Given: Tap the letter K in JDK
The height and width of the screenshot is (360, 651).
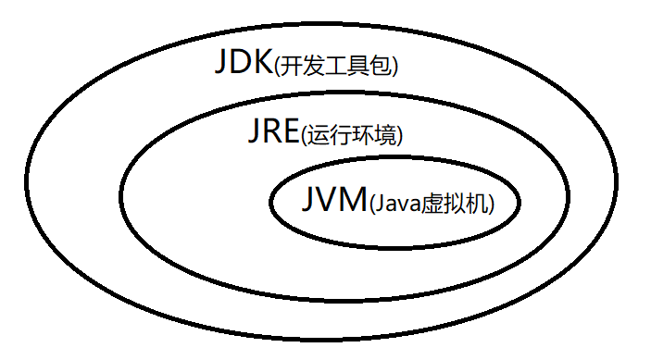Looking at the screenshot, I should (x=261, y=63).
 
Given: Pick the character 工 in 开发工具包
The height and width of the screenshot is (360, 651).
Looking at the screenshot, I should (x=339, y=68).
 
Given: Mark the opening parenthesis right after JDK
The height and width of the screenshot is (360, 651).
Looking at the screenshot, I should (x=277, y=68).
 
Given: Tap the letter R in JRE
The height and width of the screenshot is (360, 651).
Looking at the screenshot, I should (x=270, y=132).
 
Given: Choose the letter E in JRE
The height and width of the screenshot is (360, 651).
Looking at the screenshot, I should (x=291, y=132).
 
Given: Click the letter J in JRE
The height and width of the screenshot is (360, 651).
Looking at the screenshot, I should (x=253, y=132).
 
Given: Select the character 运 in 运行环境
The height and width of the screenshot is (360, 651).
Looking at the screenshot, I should (x=317, y=137).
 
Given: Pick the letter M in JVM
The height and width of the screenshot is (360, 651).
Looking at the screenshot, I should (x=349, y=200).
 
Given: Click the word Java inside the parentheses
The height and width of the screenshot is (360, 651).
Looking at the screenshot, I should (x=394, y=204).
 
